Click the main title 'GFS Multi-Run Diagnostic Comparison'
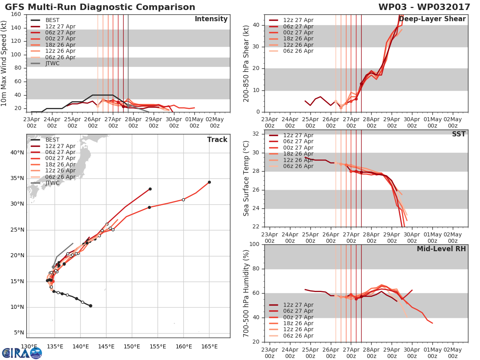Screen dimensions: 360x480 pyautogui.click(x=100, y=7)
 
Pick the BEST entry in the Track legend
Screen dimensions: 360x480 pyautogui.click(x=52, y=140)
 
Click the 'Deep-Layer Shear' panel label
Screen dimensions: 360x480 pyautogui.click(x=432, y=19)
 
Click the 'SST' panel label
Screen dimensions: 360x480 pyautogui.click(x=459, y=134)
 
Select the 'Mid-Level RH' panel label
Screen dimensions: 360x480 pyautogui.click(x=441, y=249)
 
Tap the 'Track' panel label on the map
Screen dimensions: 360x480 pyautogui.click(x=217, y=140)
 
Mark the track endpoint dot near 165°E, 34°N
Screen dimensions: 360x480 pyautogui.click(x=209, y=182)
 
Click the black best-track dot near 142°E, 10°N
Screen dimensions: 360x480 pyautogui.click(x=90, y=306)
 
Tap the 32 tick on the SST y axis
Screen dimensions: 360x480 pyautogui.click(x=256, y=134)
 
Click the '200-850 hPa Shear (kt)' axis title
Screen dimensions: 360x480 pyautogui.click(x=247, y=63)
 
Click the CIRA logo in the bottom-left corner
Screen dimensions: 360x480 pyautogui.click(x=22, y=353)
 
